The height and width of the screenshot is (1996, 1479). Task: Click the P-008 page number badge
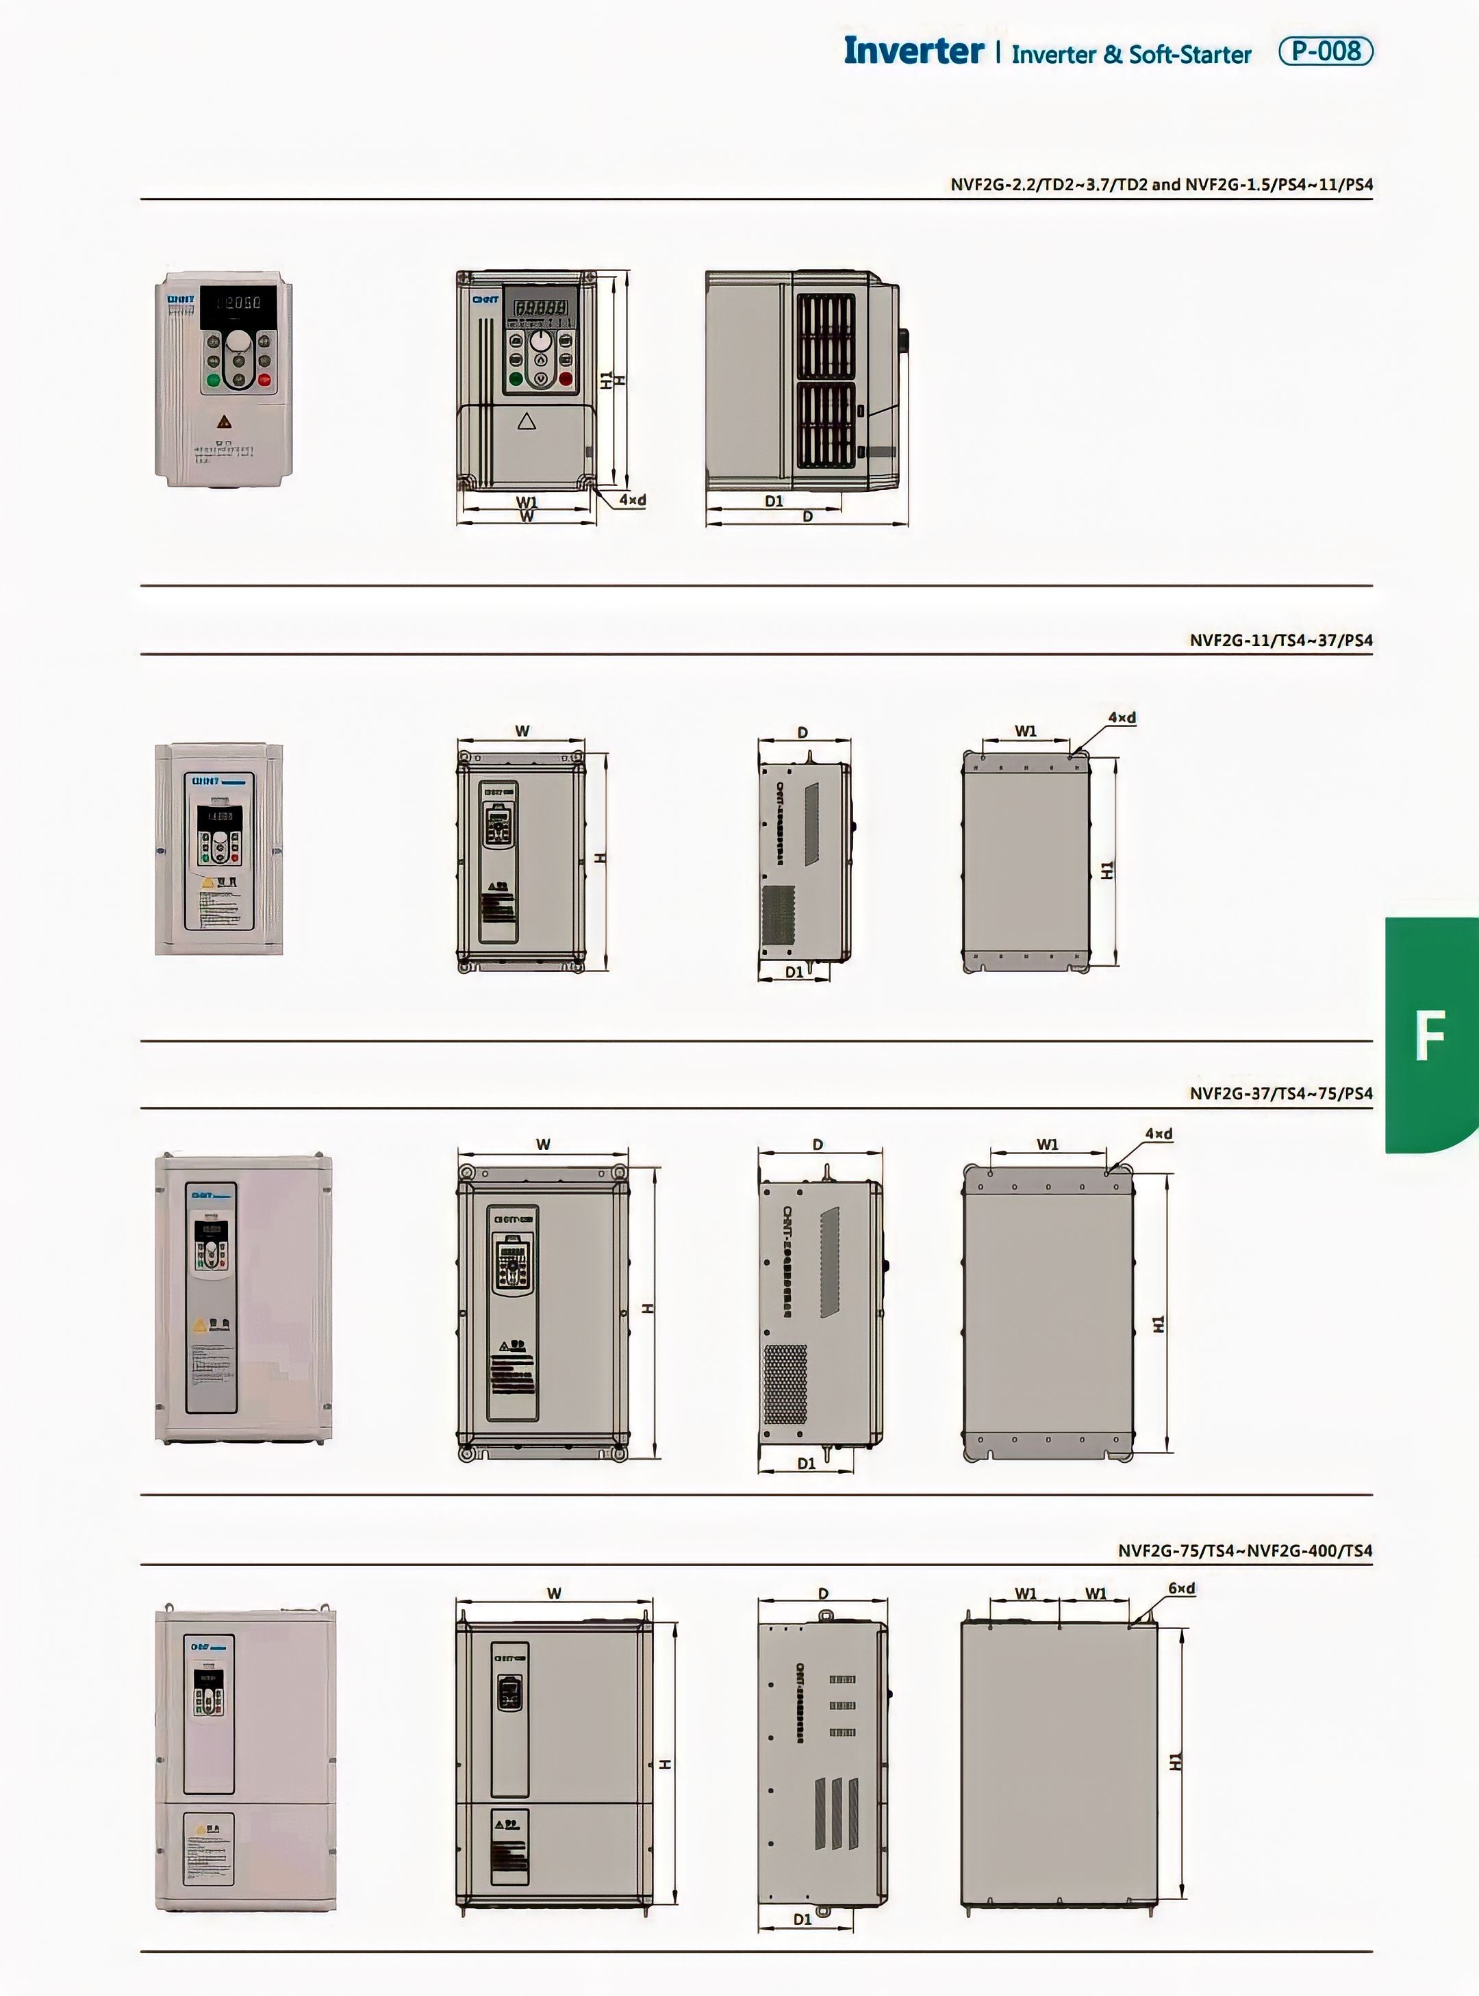tap(1325, 51)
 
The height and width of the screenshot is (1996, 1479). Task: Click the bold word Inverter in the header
tap(913, 51)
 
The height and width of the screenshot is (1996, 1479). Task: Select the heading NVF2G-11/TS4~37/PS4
tap(1280, 640)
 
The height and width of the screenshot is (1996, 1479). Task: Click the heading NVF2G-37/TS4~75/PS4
tap(1280, 1093)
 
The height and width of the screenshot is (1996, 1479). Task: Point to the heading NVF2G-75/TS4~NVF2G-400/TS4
tap(1244, 1550)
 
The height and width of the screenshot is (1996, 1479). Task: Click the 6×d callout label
tap(1181, 1589)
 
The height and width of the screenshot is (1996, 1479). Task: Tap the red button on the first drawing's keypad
tap(566, 379)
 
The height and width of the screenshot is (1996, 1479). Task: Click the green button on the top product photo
tap(213, 379)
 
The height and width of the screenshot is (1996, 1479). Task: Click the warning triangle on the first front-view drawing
tap(527, 421)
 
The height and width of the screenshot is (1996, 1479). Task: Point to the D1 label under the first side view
tap(774, 501)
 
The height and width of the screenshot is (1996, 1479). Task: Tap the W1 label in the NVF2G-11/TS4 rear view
tap(1025, 730)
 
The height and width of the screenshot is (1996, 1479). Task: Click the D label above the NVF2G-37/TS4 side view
tap(818, 1144)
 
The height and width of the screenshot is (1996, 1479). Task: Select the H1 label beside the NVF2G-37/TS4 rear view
tap(1159, 1323)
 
